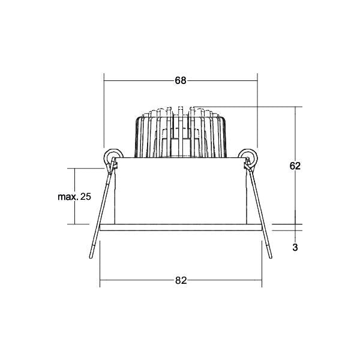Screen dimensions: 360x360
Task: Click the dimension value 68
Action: tap(181, 80)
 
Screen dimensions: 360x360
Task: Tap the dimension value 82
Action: tap(181, 280)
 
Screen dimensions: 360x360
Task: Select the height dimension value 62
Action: tap(295, 166)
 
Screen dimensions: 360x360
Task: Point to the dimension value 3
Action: tap(295, 247)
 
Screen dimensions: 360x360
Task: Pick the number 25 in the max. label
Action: tap(86, 197)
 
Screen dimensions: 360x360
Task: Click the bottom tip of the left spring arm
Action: tap(91, 257)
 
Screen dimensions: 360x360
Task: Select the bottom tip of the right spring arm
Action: tap(271, 257)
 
